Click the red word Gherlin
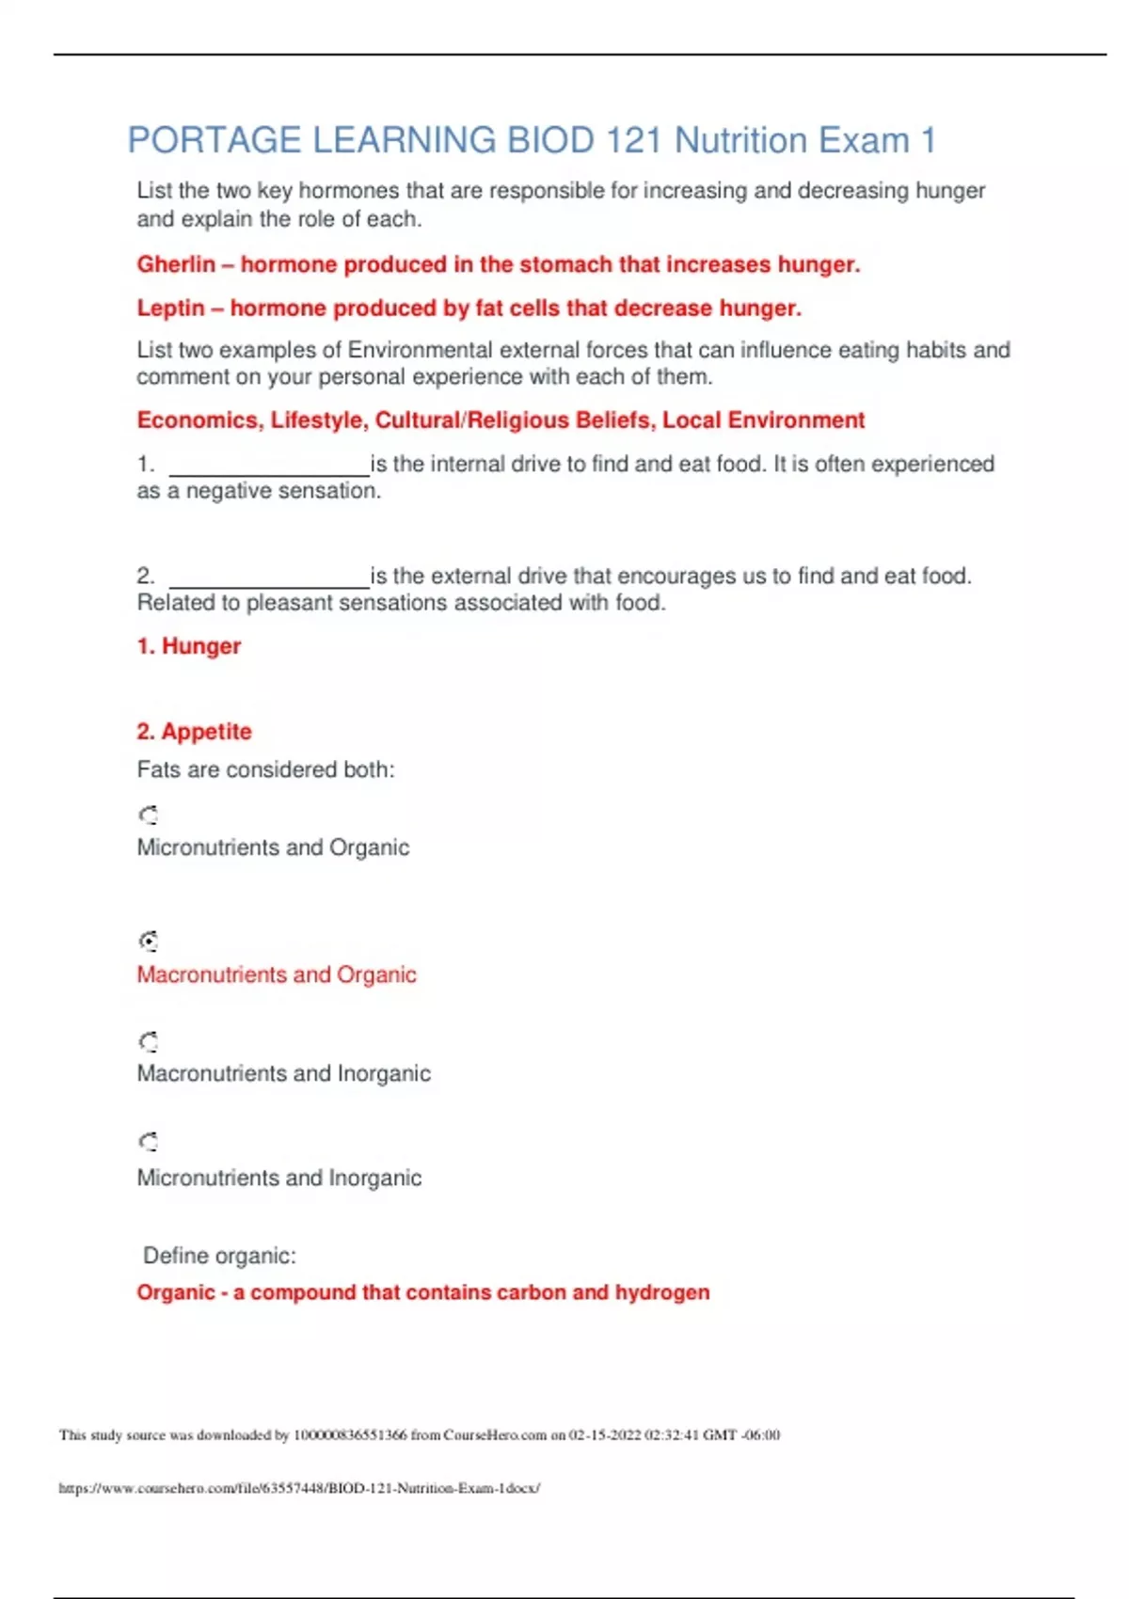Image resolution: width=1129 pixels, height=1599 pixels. tap(176, 264)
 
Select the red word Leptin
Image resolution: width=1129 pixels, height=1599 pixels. tap(170, 309)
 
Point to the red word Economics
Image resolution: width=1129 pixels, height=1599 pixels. tap(199, 420)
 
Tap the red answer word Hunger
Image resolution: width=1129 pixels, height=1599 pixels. tap(201, 646)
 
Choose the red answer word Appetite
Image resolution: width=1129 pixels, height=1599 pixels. tap(206, 732)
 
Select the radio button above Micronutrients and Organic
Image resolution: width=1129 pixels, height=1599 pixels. tap(149, 815)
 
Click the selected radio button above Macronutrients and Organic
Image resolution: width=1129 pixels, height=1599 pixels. tap(149, 941)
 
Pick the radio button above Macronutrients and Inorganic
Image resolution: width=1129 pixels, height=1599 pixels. tap(149, 1041)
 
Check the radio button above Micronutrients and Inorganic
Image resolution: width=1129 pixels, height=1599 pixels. tap(149, 1142)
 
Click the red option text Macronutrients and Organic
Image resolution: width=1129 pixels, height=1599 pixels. tap(277, 974)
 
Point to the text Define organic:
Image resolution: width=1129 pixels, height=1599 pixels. tap(219, 1256)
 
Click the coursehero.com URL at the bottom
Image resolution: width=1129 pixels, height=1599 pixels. tap(299, 1488)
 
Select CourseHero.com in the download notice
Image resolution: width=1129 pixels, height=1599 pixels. tap(495, 1435)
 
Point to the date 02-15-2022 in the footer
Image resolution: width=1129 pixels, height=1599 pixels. tap(605, 1435)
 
